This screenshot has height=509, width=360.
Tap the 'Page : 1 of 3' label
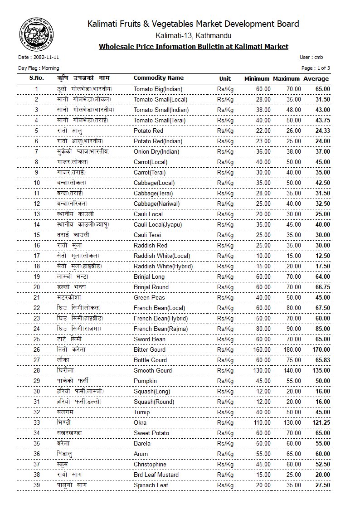point(316,68)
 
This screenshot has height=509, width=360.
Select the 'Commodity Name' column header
point(159,78)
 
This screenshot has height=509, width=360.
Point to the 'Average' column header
point(316,78)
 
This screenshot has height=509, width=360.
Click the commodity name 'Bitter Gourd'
point(151,349)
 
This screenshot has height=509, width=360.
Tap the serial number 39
point(37,485)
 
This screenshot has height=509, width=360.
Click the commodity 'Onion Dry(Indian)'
point(156,151)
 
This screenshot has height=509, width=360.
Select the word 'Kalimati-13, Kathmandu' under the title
point(193,35)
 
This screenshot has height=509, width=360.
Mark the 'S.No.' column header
point(37,78)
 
